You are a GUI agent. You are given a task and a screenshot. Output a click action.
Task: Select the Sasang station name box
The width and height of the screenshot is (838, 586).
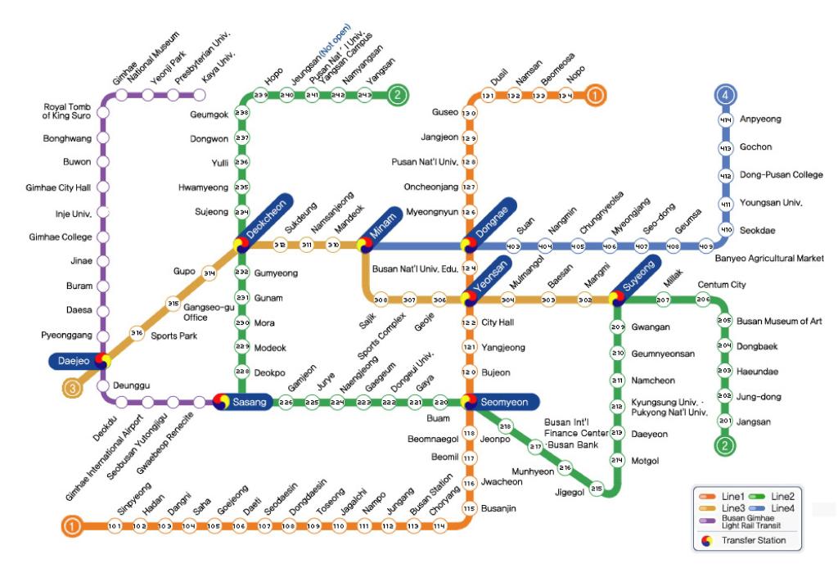pos(247,402)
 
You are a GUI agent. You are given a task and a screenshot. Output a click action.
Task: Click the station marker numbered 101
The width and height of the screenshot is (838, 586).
pos(115,525)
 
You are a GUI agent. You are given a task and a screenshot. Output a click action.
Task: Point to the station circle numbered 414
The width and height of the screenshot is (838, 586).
pos(725,120)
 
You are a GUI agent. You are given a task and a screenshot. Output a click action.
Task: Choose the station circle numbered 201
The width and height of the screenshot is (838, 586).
pos(724,421)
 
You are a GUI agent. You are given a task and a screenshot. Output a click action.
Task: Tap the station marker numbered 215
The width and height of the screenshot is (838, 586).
pos(597,489)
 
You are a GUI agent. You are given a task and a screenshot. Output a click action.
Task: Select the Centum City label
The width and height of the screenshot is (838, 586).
pos(719,284)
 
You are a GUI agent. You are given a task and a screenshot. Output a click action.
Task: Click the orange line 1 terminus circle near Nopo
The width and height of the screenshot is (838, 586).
pos(596,96)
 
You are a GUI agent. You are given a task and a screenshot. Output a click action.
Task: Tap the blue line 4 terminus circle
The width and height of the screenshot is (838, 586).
pos(725,96)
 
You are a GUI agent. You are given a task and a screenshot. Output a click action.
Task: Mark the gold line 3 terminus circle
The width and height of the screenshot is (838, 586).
pos(72,389)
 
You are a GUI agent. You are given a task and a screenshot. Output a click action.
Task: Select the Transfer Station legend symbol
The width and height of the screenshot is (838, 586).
pos(706,540)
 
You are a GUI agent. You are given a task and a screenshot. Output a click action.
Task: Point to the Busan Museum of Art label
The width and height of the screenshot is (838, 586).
pos(778,321)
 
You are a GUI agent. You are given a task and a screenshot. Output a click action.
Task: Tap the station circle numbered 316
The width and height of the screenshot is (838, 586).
pos(137,333)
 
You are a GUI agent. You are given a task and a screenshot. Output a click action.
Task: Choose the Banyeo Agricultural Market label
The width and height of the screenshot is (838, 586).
pos(768,259)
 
